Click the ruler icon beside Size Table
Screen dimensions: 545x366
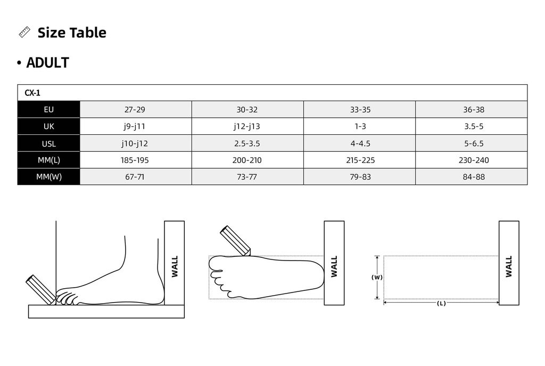[24, 32]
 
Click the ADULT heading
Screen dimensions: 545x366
[47, 63]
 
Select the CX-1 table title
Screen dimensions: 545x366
[32, 93]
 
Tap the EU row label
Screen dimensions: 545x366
[48, 110]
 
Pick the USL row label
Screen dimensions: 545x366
[48, 143]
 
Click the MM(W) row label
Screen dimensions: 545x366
[48, 177]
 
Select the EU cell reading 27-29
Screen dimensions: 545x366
[135, 110]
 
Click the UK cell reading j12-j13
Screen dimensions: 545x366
[247, 126]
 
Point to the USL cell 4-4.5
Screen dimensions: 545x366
[360, 143]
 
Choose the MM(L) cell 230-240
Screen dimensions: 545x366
[474, 160]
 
